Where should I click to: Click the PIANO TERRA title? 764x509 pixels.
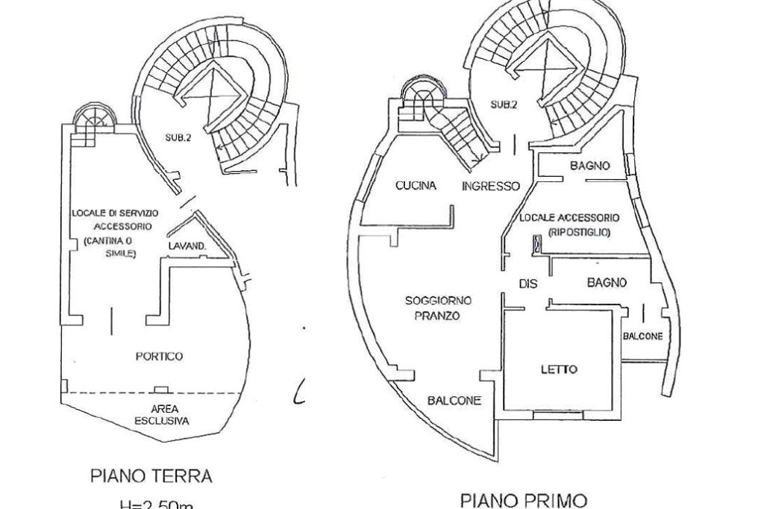click(x=151, y=475)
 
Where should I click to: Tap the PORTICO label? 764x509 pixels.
click(x=159, y=357)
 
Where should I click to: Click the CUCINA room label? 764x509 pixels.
click(x=416, y=186)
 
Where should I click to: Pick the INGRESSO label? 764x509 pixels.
click(x=490, y=187)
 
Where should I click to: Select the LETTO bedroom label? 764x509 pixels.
click(x=559, y=369)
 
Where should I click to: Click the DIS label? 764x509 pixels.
click(x=528, y=284)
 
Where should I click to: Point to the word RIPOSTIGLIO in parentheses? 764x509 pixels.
click(x=579, y=232)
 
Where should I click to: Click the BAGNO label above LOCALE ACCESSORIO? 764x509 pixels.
click(x=589, y=166)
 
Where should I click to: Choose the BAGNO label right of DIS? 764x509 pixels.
click(x=607, y=283)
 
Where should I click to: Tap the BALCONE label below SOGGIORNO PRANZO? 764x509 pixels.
click(x=454, y=401)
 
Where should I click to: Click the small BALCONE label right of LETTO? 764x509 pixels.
click(x=642, y=337)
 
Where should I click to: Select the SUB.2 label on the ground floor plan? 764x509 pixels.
click(x=178, y=137)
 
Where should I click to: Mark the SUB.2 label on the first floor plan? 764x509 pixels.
click(x=504, y=105)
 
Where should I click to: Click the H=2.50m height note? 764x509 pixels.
click(x=157, y=505)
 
